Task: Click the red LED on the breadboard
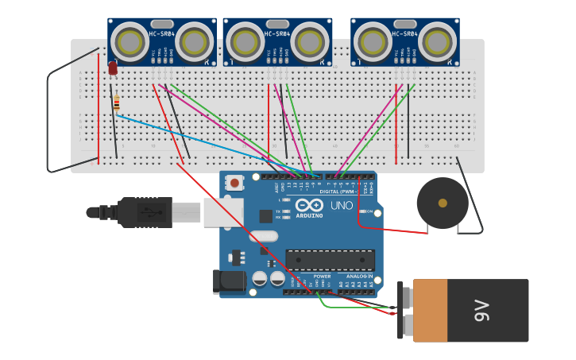pyautogui.click(x=113, y=68)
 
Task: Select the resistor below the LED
pyautogui.click(x=117, y=103)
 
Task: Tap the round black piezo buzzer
pyautogui.click(x=443, y=203)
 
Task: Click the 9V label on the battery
pyautogui.click(x=481, y=311)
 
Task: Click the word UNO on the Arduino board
pyautogui.click(x=342, y=206)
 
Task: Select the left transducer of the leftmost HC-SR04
pyautogui.click(x=128, y=41)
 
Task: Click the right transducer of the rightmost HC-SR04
pyautogui.click(x=436, y=41)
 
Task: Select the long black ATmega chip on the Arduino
pyautogui.click(x=330, y=259)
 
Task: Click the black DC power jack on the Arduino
pyautogui.click(x=228, y=282)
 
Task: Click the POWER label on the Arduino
pyautogui.click(x=322, y=276)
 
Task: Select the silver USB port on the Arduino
pyautogui.click(x=222, y=212)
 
